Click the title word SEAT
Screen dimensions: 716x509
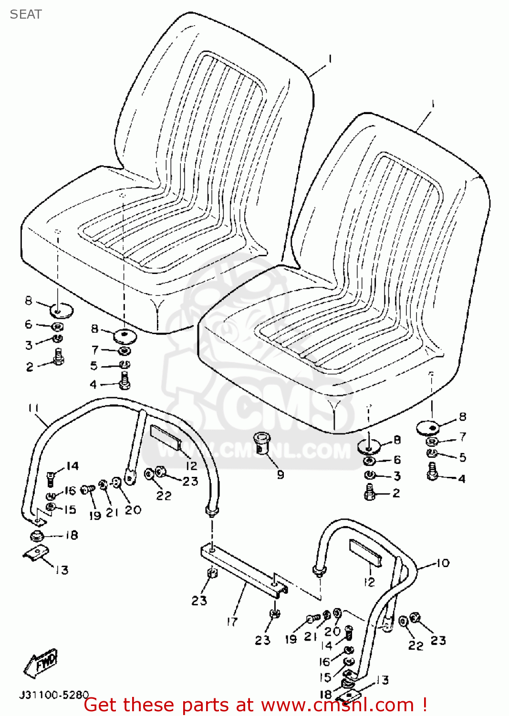click(x=26, y=14)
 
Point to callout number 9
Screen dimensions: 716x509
click(x=280, y=474)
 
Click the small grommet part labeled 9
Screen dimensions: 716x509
click(x=262, y=442)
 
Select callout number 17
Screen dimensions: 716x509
click(x=232, y=621)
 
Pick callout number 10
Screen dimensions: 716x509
click(x=443, y=563)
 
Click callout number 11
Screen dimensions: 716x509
click(x=33, y=409)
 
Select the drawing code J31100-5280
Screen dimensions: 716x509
click(x=54, y=695)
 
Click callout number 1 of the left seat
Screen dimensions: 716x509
click(x=330, y=59)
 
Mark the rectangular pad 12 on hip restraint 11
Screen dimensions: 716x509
click(x=165, y=438)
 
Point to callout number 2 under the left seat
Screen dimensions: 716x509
click(x=30, y=367)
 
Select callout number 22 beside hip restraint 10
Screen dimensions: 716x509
click(x=416, y=646)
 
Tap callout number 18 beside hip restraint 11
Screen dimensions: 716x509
click(x=72, y=535)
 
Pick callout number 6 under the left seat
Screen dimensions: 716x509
click(x=29, y=325)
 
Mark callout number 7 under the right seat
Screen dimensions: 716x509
click(x=462, y=437)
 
